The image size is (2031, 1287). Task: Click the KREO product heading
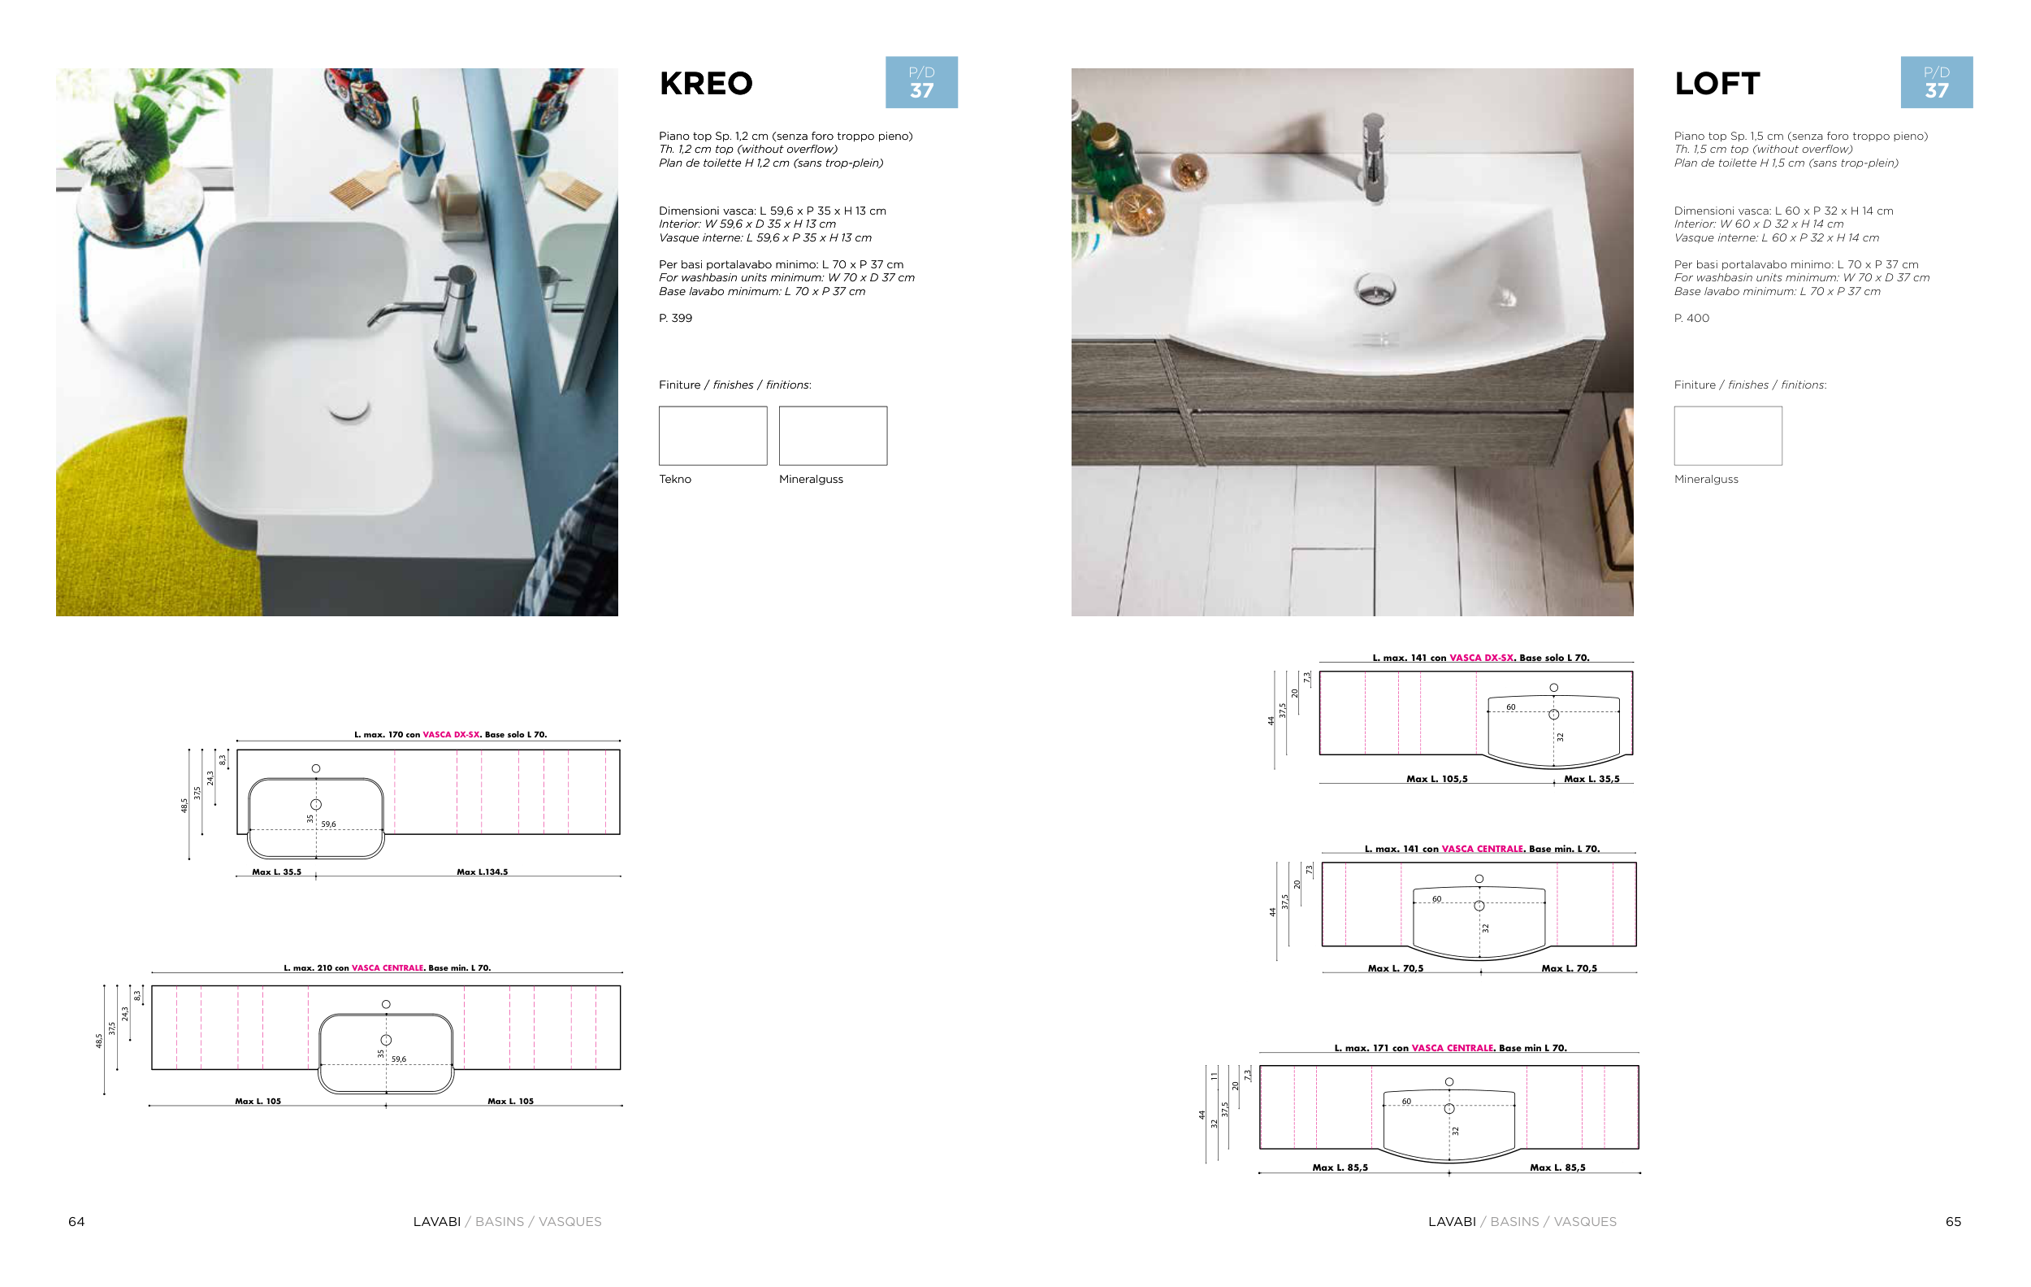coord(705,84)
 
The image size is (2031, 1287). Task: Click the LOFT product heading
coord(1717,84)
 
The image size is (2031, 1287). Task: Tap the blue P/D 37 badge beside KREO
coord(921,82)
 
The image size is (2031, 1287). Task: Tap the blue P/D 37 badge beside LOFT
coord(1937,82)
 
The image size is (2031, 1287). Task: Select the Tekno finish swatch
coord(712,436)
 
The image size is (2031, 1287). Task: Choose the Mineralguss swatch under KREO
coord(834,436)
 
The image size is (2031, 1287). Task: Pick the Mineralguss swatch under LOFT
coord(1728,436)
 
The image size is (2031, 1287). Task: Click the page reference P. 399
coord(676,318)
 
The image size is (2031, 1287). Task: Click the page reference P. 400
coord(1692,318)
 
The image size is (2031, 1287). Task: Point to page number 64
coord(76,1221)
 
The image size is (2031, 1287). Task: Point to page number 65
coord(1953,1221)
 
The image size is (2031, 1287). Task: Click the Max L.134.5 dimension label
coord(483,872)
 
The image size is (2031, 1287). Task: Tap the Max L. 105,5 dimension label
coord(1437,779)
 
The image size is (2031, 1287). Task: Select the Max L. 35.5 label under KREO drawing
coord(277,872)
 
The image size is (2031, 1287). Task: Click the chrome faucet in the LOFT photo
coord(1374,157)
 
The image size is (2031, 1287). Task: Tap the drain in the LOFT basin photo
coord(1375,289)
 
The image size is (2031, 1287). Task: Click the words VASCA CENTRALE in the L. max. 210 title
coord(388,968)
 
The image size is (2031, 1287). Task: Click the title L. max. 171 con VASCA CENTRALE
coord(1451,1048)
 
